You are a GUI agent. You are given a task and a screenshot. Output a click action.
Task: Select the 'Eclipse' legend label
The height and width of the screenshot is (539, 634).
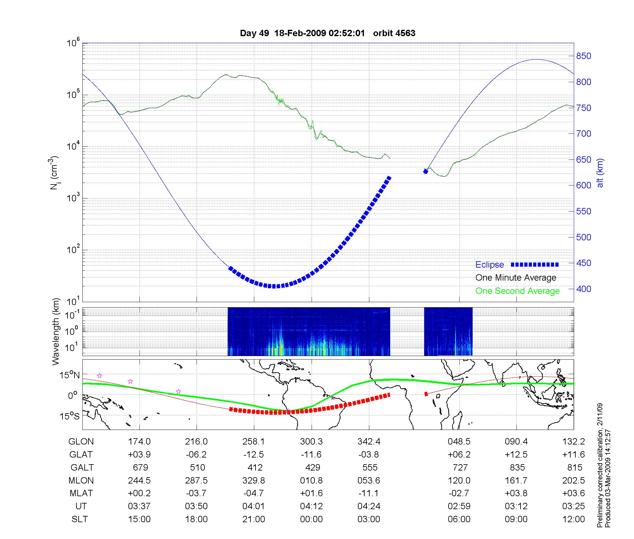pos(489,265)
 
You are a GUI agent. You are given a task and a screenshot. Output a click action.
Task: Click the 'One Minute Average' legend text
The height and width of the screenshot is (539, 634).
pos(516,278)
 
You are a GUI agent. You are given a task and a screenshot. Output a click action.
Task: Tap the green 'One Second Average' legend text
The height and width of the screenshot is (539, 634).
pos(517,291)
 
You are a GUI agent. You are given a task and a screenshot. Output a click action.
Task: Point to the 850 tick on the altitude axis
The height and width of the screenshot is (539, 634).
pos(584,56)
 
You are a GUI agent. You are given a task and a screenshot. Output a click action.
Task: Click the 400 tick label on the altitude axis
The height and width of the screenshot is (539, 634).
pos(584,289)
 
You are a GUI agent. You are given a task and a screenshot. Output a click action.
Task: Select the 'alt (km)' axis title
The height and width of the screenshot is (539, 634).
pos(600,173)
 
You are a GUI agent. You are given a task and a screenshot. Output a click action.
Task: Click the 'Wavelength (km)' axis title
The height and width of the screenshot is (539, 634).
pos(56,331)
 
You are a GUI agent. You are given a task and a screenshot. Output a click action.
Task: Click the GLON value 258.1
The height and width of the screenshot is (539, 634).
pos(254,441)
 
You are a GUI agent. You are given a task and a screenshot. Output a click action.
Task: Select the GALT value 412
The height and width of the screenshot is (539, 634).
pos(255,467)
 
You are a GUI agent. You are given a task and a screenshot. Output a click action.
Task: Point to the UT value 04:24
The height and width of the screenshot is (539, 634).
pos(369,506)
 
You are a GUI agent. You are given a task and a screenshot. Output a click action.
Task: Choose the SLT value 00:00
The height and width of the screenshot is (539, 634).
pos(311,519)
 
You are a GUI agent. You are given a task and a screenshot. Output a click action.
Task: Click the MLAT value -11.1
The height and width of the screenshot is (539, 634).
pos(369,493)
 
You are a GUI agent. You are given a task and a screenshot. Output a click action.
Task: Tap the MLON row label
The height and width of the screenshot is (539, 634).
pos(81,480)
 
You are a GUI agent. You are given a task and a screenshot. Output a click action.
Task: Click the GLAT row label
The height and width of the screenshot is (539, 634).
pos(81,454)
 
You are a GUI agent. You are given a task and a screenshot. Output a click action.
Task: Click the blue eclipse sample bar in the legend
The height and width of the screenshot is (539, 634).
pos(534,264)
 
